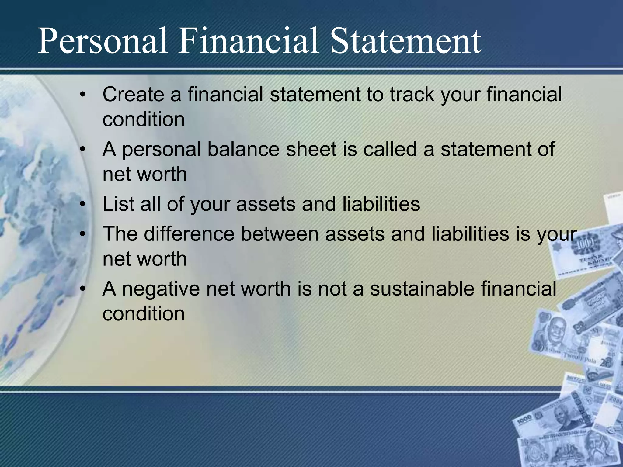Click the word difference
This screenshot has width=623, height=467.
[x=189, y=234]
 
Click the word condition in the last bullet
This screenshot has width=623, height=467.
[x=144, y=314]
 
